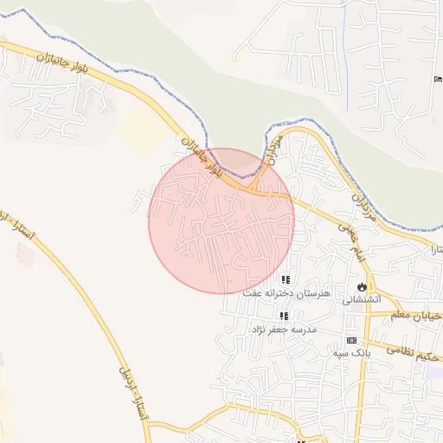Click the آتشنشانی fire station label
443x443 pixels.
click(x=361, y=300)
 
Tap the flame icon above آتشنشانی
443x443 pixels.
click(x=361, y=286)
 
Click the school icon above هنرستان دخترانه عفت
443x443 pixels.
click(x=286, y=279)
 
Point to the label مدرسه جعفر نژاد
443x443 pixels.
click(x=284, y=330)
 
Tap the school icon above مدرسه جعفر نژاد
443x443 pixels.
click(x=284, y=316)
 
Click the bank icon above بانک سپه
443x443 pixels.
click(x=350, y=340)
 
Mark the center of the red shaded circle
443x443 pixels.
click(x=221, y=221)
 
